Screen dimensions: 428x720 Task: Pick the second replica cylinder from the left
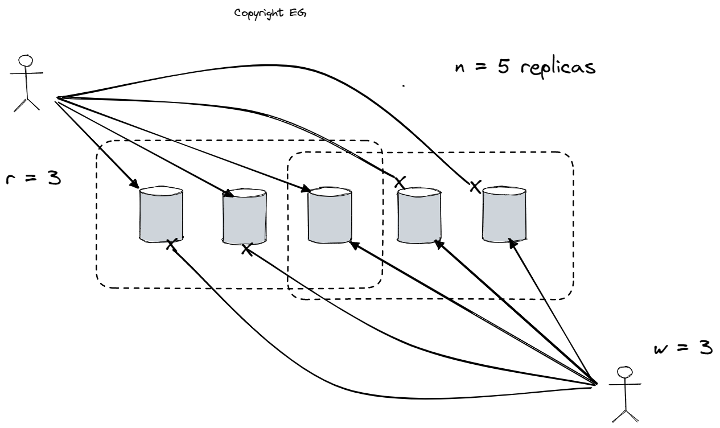click(245, 216)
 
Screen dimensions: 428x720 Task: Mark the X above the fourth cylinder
click(401, 182)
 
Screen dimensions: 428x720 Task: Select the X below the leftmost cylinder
click(170, 245)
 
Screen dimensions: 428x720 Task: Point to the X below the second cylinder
click(246, 249)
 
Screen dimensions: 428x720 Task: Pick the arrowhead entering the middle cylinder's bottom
click(352, 244)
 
